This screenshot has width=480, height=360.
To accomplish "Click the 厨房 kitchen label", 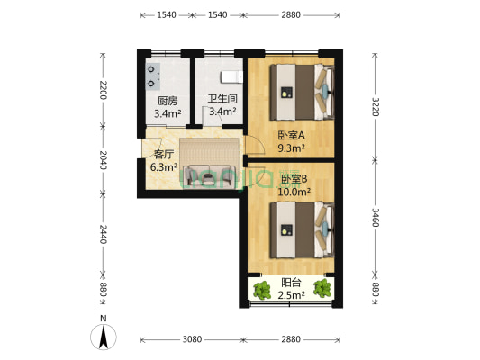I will [x=168, y=101].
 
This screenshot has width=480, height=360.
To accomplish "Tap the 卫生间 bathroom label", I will [x=222, y=99].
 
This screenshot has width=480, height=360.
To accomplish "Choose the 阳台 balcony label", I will [x=291, y=280].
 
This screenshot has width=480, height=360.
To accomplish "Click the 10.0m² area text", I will [x=294, y=191].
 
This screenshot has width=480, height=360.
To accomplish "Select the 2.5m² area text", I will [x=291, y=293].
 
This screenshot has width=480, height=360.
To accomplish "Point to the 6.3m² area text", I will [x=163, y=166].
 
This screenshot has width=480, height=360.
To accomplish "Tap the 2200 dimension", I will [x=104, y=90].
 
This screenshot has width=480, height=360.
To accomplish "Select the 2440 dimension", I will [x=104, y=235].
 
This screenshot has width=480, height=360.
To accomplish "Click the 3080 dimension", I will [x=192, y=340].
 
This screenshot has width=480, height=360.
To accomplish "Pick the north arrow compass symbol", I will [x=104, y=336].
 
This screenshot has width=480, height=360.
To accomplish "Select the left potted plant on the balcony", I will [x=263, y=290].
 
